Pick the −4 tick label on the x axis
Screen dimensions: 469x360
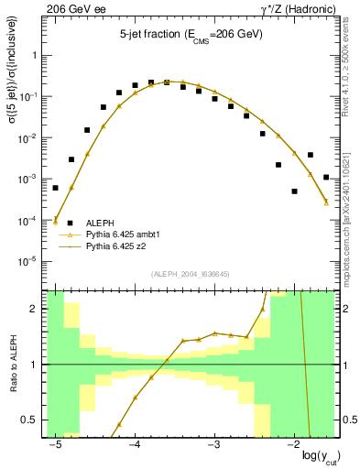134,444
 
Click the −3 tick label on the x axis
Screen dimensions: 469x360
213,444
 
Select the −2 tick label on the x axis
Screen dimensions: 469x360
291,444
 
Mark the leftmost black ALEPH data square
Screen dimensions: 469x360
55,188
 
